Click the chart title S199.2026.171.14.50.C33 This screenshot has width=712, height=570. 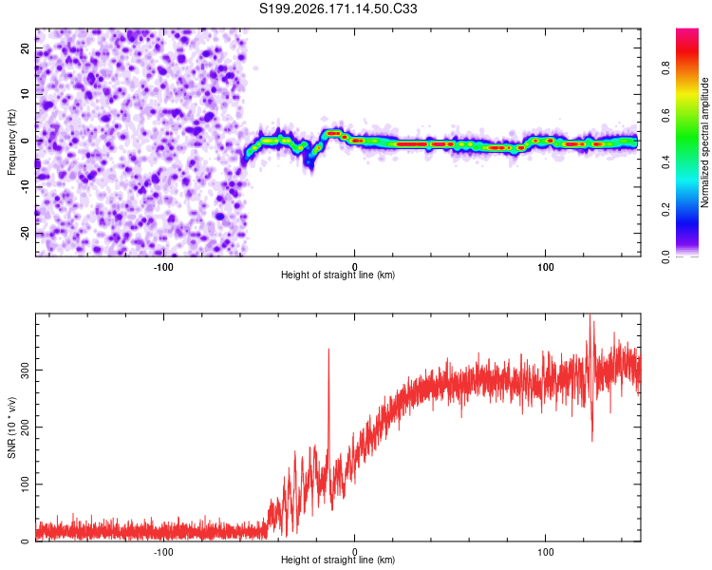click(338, 9)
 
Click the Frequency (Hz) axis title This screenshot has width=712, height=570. click(11, 142)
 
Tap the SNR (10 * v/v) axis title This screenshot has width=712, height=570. click(11, 427)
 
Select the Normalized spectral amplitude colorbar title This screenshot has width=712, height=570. click(704, 142)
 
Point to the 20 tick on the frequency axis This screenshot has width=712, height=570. click(25, 47)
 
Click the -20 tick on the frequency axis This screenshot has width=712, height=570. click(25, 234)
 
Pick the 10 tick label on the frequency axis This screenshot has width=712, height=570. click(25, 94)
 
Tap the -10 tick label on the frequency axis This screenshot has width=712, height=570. click(25, 187)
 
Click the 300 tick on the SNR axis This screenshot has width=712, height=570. click(25, 370)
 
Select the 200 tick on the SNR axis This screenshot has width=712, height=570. click(25, 427)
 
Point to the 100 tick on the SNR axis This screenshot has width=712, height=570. click(25, 484)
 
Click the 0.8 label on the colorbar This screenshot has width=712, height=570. click(665, 67)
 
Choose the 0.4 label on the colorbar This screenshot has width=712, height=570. click(665, 161)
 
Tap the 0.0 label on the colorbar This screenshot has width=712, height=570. click(665, 256)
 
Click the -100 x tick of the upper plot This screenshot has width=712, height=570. click(163, 267)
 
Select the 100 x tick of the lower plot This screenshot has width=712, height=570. click(545, 552)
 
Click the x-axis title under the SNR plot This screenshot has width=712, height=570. click(338, 560)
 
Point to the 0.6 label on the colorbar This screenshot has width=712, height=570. click(665, 115)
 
